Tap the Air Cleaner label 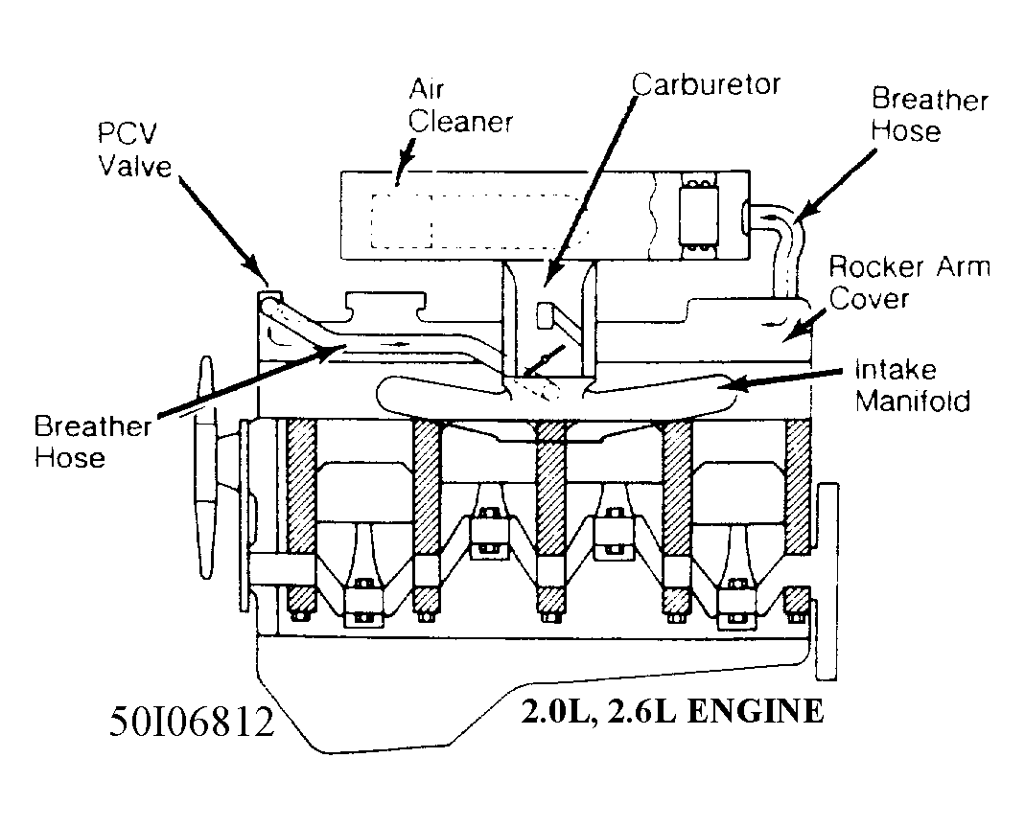[x=461, y=105]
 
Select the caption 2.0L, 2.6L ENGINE [x=671, y=712]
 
